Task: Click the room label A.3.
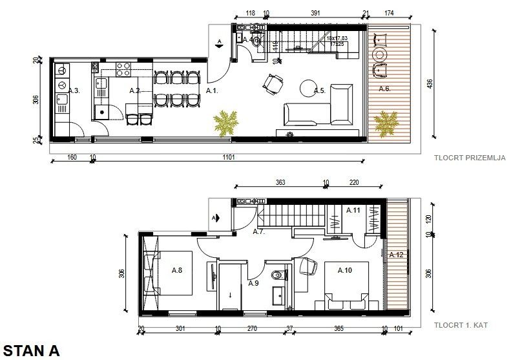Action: pos(74,91)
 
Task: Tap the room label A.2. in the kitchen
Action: pos(135,91)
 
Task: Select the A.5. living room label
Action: pos(318,91)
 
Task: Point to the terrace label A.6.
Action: pos(384,89)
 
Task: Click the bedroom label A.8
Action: pos(177,270)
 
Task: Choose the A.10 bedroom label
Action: pos(345,270)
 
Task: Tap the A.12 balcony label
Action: pos(396,255)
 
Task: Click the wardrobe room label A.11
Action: pos(353,211)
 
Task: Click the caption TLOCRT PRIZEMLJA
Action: pos(470,157)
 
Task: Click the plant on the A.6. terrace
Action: pos(386,122)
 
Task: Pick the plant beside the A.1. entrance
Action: pos(225,122)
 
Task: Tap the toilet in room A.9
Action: pos(278,275)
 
